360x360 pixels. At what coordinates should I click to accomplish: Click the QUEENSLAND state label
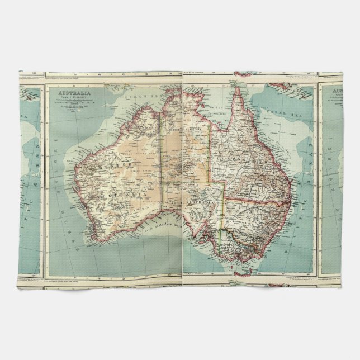click(247, 158)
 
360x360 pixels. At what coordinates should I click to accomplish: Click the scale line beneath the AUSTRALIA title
click(73, 103)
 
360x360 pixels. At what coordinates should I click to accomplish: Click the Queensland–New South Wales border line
click(257, 200)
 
